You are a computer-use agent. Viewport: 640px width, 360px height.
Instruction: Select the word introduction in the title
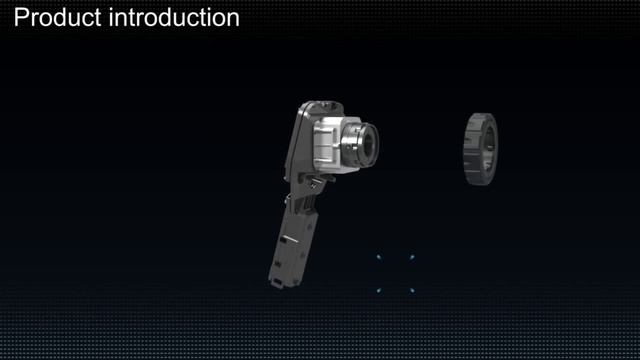pos(175,18)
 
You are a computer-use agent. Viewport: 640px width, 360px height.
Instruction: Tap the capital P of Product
pos(20,18)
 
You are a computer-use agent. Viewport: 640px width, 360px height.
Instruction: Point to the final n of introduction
pos(233,20)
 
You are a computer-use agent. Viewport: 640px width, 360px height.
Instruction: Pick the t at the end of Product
pos(98,19)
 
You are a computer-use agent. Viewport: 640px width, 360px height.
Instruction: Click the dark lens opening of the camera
pos(369,144)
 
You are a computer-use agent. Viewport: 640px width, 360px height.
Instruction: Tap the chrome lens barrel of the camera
pos(358,144)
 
